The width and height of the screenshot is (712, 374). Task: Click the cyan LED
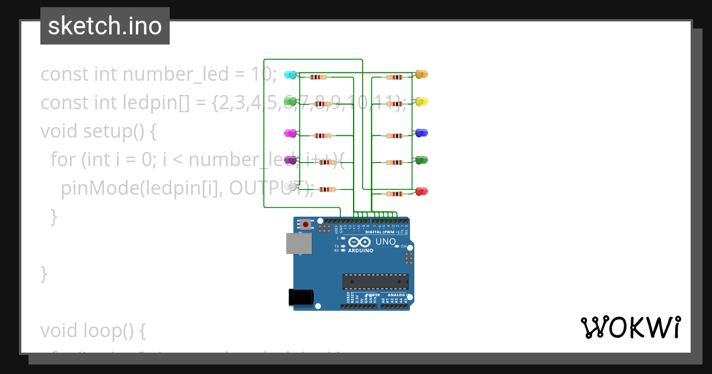pos(290,74)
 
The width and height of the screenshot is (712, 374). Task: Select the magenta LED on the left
pos(290,133)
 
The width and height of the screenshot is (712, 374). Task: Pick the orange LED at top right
pos(421,74)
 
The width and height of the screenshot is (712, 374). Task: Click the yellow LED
pos(421,102)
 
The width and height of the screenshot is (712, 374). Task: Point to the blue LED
pos(421,133)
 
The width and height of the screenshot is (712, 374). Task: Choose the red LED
pos(421,191)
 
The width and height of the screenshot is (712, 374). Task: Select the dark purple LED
pos(290,160)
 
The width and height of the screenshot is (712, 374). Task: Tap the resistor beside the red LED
pos(395,194)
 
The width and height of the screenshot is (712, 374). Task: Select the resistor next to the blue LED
pos(395,136)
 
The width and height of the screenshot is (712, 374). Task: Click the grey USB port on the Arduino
pos(298,243)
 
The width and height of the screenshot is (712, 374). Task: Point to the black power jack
pos(299,297)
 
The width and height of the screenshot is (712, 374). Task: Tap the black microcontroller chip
pos(375,281)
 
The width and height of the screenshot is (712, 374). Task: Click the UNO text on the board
pos(386,242)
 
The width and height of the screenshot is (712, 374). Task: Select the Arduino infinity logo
pos(360,242)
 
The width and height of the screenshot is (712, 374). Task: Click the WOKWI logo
pos(631,327)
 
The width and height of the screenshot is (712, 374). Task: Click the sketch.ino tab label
pos(105,26)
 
